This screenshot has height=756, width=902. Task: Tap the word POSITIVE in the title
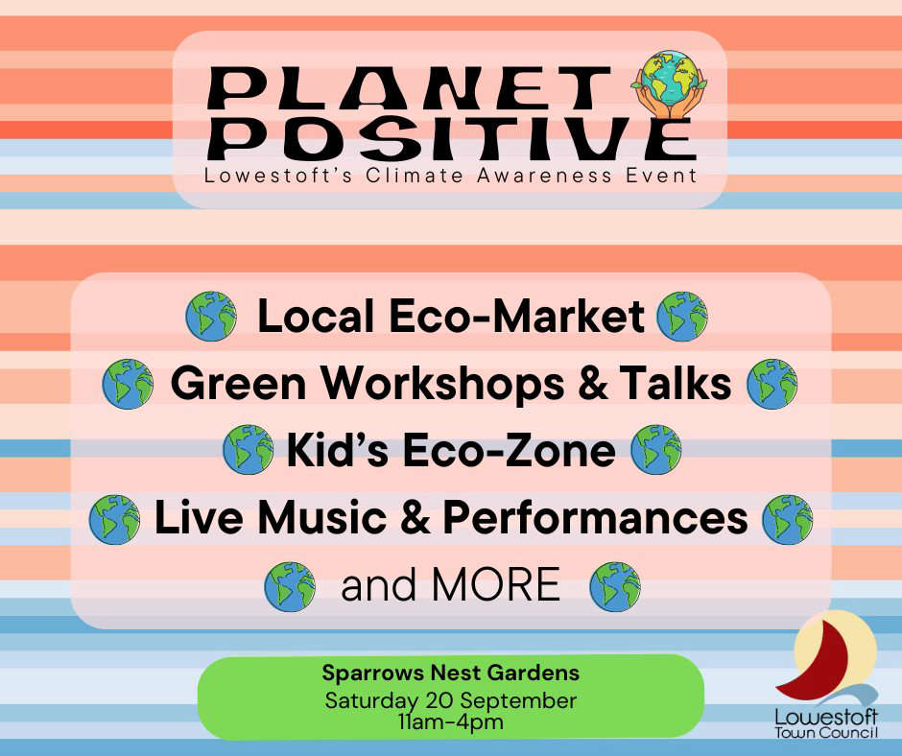click(451, 138)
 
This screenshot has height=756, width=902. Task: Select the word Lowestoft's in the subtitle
click(277, 175)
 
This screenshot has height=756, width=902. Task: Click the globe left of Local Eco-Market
click(211, 317)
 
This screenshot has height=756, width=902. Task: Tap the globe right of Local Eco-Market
click(682, 317)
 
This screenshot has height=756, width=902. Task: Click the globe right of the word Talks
click(772, 384)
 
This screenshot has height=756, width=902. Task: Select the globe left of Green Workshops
click(128, 384)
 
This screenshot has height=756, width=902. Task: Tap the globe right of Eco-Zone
click(656, 449)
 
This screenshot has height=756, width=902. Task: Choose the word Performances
click(595, 517)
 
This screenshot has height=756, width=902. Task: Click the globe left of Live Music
click(114, 519)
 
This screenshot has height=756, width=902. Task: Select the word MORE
click(496, 584)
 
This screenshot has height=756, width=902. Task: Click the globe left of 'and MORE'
click(290, 586)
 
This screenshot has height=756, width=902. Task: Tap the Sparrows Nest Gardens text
click(450, 673)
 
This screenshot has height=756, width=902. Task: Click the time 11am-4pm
click(450, 722)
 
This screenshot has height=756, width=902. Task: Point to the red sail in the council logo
click(817, 662)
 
